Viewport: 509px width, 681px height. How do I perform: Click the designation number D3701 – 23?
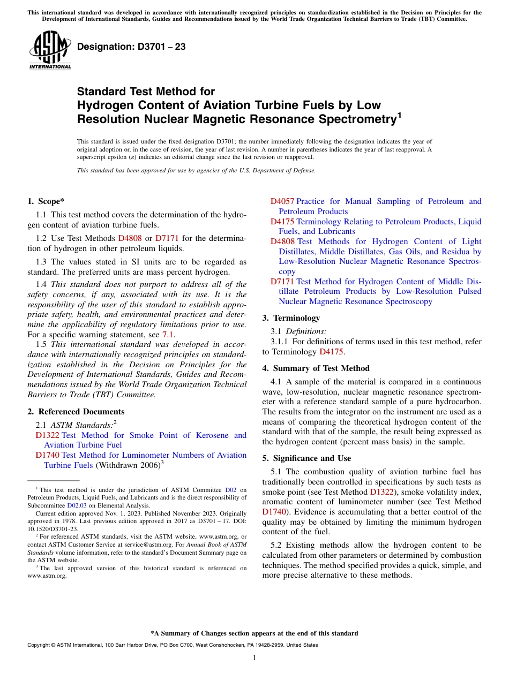[x=131, y=47]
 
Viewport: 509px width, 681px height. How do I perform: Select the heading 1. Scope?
[x=46, y=201]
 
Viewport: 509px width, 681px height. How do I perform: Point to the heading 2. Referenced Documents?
[x=76, y=412]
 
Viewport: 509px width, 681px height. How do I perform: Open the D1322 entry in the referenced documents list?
[x=47, y=435]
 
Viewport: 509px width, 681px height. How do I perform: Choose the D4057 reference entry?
[x=282, y=201]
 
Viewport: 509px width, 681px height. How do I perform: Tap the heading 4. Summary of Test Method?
[x=316, y=368]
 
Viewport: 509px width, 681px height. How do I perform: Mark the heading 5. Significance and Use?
[x=306, y=458]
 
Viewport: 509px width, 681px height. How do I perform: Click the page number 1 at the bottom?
[x=254, y=657]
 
